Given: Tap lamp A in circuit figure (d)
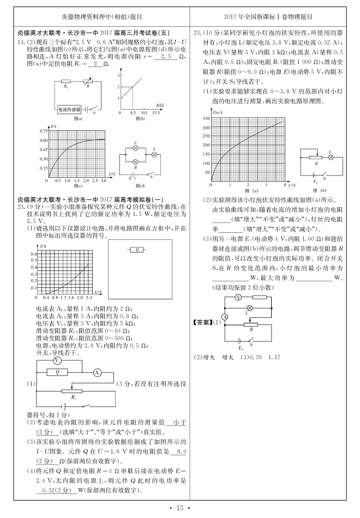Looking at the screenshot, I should pos(154,155).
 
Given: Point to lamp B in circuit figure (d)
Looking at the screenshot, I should pos(136,162).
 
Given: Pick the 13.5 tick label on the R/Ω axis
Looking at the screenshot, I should pos(156,111).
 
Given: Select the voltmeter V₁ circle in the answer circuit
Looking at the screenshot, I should pos(58,361).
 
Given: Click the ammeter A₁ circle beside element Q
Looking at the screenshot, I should pos(97,372).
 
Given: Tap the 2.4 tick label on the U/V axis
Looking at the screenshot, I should pos(88,298).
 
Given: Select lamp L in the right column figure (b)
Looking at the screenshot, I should pos(330,156).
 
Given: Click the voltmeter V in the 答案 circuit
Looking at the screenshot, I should pos(238,298).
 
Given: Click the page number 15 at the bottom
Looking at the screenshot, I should pos(179,508).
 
